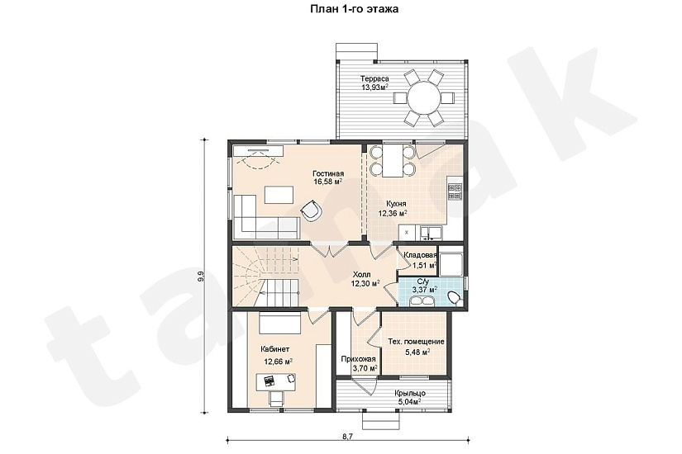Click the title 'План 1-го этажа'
(354, 9)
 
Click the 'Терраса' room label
(374, 78)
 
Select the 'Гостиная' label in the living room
(328, 174)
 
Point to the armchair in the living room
(312, 211)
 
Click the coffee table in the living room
(279, 195)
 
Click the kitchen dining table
(393, 161)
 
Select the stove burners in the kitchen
(455, 192)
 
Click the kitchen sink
(431, 233)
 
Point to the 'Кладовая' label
(420, 255)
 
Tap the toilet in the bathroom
(455, 299)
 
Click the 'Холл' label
(361, 275)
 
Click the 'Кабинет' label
(275, 349)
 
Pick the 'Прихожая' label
(359, 359)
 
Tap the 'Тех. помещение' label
(417, 342)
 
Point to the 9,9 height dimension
(201, 277)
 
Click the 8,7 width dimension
(347, 436)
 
